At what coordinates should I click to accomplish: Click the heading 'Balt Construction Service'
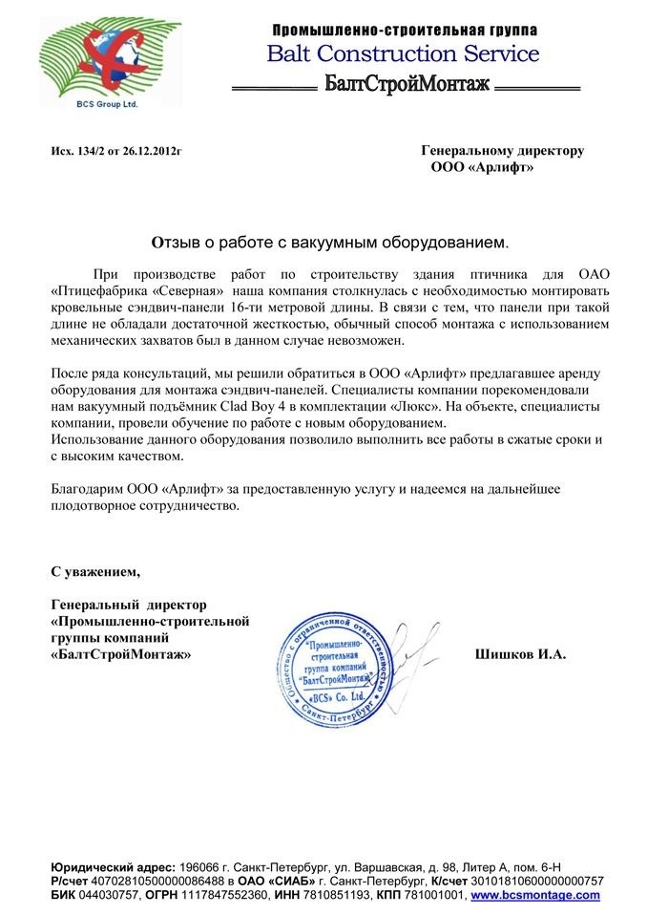coord(403,53)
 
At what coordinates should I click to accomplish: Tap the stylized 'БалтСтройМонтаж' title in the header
coord(407,84)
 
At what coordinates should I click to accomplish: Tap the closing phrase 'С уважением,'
coord(94,572)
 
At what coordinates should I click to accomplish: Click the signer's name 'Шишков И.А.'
coord(520,655)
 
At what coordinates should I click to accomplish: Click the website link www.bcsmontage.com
coord(535,895)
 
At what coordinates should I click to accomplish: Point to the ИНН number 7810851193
coord(371,895)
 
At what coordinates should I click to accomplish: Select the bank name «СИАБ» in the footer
coord(292,881)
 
